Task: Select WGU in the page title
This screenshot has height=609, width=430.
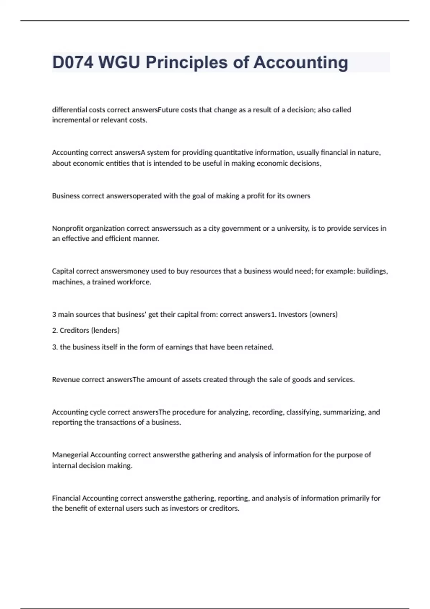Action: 119,62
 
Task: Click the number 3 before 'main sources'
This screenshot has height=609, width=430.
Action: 54,315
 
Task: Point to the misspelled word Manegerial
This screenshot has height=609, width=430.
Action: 70,455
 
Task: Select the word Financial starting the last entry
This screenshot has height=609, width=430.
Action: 66,498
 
